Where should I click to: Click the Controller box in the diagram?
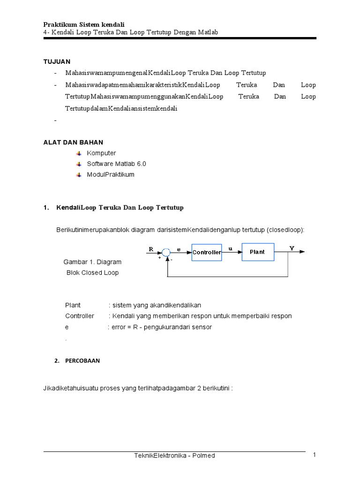[207, 252]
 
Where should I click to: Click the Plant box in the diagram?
[257, 252]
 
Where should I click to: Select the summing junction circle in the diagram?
[166, 252]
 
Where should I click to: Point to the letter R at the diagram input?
[151, 249]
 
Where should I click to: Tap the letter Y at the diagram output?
[292, 248]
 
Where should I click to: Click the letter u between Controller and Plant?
[230, 249]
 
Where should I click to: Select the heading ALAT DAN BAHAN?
[73, 142]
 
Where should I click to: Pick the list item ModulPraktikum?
[111, 174]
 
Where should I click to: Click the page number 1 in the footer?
[315, 455]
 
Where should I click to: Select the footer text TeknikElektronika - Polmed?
[174, 455]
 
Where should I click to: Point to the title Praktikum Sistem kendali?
[84, 24]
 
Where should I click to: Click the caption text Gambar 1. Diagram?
[92, 262]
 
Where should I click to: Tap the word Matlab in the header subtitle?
[209, 32]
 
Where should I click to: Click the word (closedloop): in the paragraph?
[285, 230]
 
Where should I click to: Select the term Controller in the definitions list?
[80, 316]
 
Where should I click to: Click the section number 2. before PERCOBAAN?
[57, 361]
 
